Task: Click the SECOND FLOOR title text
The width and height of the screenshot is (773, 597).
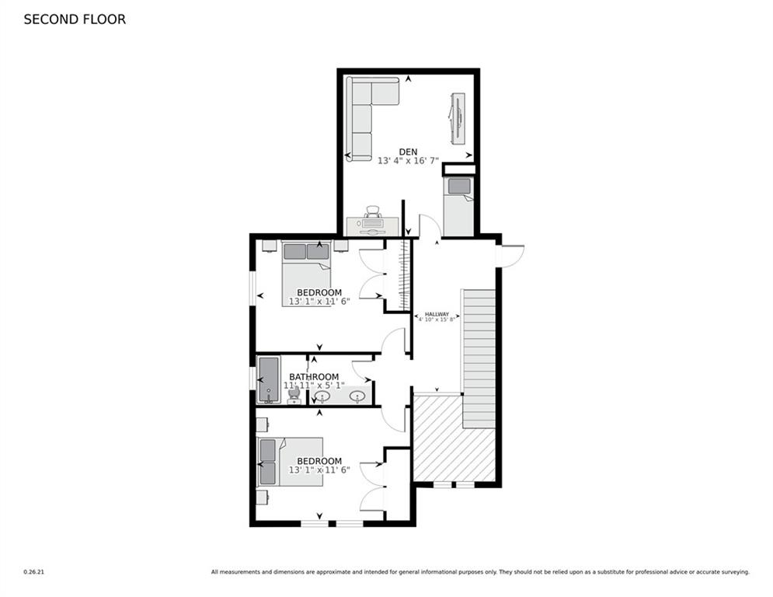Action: click(x=75, y=19)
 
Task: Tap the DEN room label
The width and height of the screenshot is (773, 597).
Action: click(x=409, y=152)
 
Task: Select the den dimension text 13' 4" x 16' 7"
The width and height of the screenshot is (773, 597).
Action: click(x=408, y=161)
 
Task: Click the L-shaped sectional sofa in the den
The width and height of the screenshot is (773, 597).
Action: click(x=365, y=113)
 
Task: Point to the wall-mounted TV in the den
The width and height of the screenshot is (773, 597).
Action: click(x=458, y=117)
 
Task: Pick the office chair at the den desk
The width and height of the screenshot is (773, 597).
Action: click(x=372, y=212)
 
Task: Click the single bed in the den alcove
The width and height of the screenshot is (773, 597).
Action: click(x=458, y=205)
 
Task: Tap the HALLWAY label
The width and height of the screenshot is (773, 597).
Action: click(x=437, y=314)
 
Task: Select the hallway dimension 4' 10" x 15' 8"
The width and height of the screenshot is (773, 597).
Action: click(x=437, y=319)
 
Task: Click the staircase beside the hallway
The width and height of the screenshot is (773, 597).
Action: click(x=479, y=358)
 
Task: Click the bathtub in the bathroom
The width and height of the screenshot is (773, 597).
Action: click(x=269, y=379)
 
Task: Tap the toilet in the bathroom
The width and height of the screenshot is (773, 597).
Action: click(x=294, y=395)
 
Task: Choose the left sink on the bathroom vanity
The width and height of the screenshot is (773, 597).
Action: click(x=322, y=397)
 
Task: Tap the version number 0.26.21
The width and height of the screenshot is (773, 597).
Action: click(x=34, y=572)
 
